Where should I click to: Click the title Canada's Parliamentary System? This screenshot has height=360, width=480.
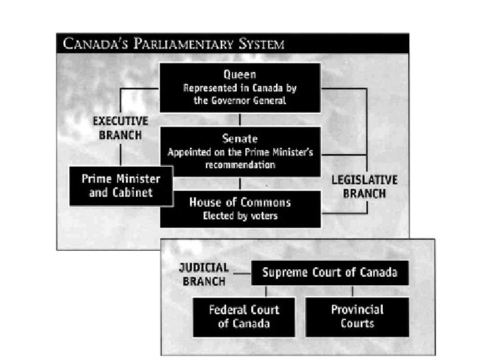pyautogui.click(x=173, y=45)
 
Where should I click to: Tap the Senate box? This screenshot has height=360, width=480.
pyautogui.click(x=240, y=151)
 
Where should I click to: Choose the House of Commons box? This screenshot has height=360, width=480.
pyautogui.click(x=240, y=208)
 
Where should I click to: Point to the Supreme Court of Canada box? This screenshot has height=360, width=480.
pyautogui.click(x=329, y=272)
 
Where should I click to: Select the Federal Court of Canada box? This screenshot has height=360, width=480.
pyautogui.click(x=244, y=317)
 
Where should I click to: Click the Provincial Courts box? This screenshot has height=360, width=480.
pyautogui.click(x=357, y=317)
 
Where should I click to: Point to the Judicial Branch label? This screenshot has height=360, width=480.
pyautogui.click(x=204, y=273)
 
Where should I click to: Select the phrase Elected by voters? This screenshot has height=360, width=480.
pyautogui.click(x=240, y=216)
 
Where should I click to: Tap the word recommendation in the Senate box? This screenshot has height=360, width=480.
pyautogui.click(x=240, y=163)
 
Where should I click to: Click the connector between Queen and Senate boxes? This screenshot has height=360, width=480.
pyautogui.click(x=240, y=119)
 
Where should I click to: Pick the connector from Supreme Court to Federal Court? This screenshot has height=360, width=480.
pyautogui.click(x=266, y=291)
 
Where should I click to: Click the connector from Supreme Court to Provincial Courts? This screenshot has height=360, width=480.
pyautogui.click(x=352, y=291)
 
